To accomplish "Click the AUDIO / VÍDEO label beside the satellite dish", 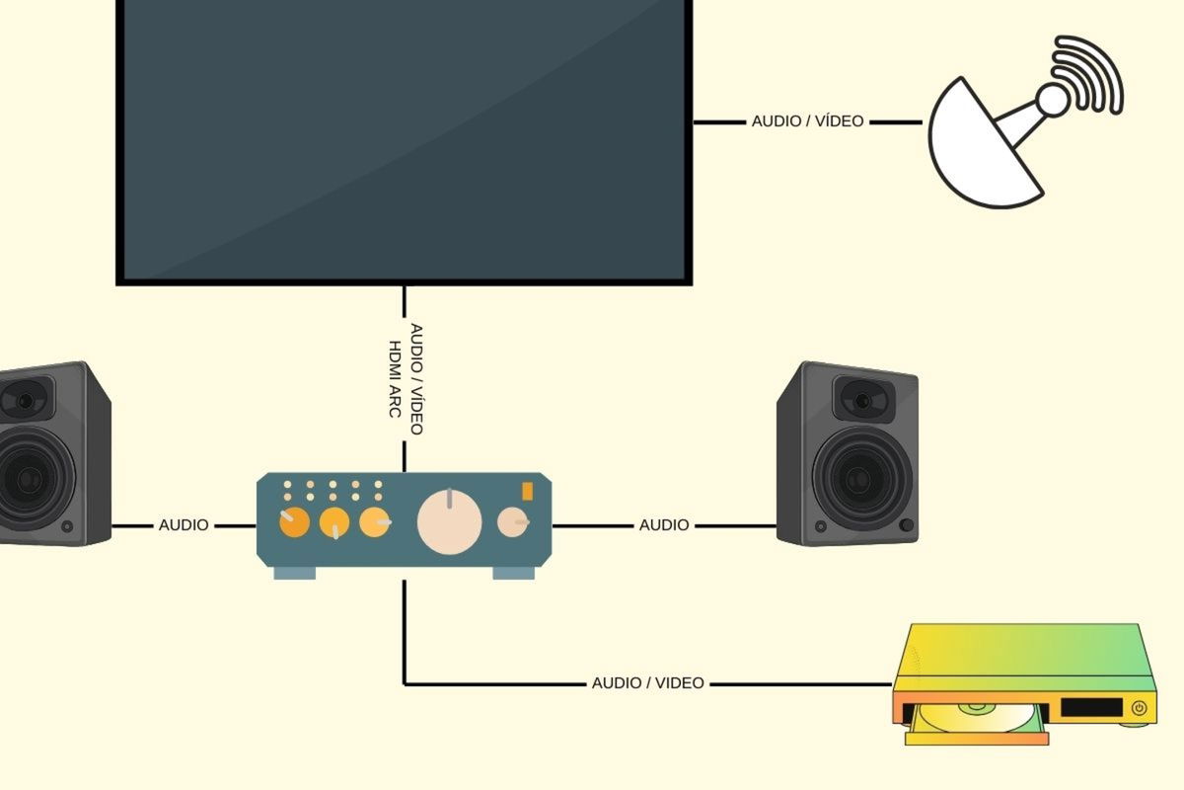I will click(807, 121).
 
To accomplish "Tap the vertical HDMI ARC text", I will click(396, 379).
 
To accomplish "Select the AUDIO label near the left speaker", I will click(184, 525).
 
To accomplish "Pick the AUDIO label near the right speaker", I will click(664, 525).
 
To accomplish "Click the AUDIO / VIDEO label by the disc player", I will click(647, 683).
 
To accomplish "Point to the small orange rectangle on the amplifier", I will click(527, 491).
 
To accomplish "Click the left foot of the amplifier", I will click(294, 573).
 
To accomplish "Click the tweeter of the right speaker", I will click(861, 401).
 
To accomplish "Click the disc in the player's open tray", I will click(972, 712).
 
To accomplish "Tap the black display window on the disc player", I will click(1091, 708).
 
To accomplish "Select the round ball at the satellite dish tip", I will click(1052, 99).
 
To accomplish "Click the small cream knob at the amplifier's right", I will click(512, 521).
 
